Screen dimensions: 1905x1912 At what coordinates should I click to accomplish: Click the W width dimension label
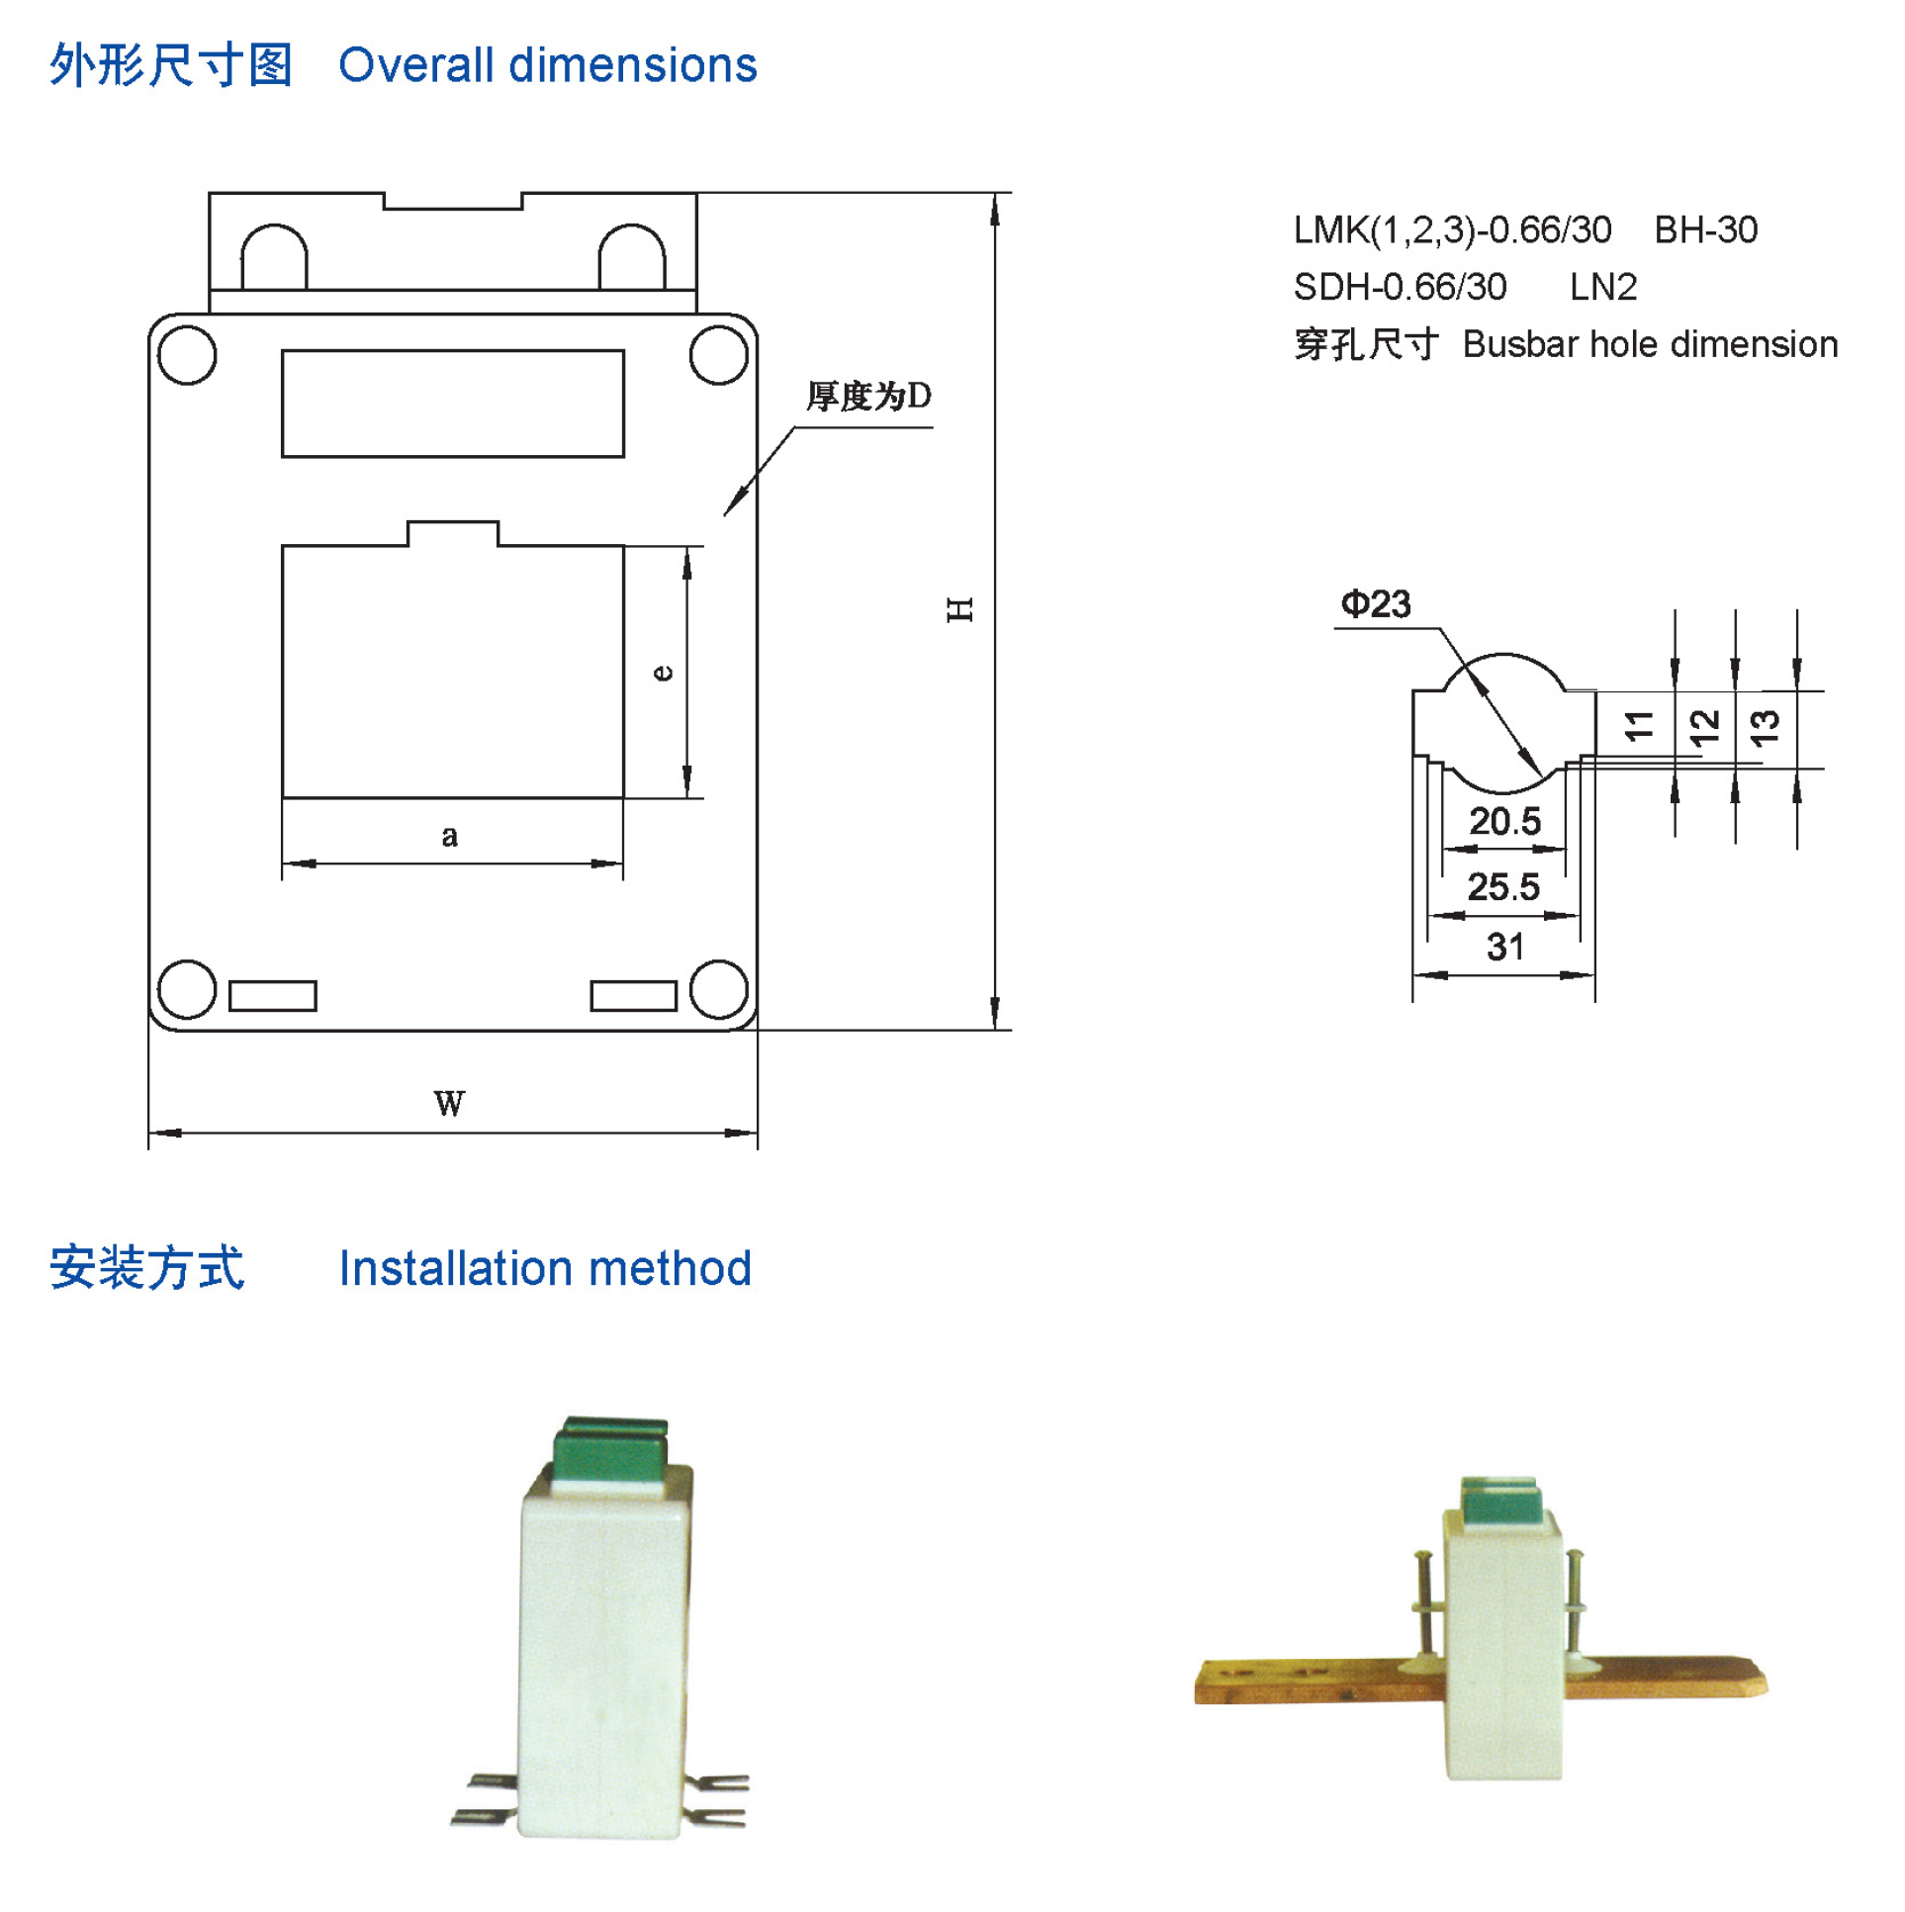[449, 1104]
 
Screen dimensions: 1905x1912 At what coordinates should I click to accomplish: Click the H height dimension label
[960, 608]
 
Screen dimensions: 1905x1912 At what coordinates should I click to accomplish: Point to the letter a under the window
[449, 836]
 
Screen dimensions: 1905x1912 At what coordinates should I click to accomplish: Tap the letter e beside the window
[663, 673]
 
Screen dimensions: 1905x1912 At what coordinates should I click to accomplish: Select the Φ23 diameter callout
[1376, 603]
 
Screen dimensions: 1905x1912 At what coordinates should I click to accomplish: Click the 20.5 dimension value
[1504, 821]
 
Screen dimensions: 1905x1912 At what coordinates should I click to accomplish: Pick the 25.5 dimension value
[1503, 886]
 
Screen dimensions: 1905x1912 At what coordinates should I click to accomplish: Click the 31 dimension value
[1505, 947]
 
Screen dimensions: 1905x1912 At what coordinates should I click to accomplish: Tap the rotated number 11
[1640, 725]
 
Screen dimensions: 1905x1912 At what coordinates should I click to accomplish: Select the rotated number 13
[1766, 727]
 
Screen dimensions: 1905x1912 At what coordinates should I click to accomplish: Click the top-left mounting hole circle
[187, 354]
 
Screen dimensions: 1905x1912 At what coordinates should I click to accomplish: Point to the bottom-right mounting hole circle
[718, 989]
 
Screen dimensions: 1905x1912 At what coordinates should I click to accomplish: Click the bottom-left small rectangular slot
[273, 996]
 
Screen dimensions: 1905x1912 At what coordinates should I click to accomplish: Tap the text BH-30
[1706, 230]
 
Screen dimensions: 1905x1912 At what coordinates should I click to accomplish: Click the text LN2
[1603, 288]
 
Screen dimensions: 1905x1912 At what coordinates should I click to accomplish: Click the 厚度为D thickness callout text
[868, 396]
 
